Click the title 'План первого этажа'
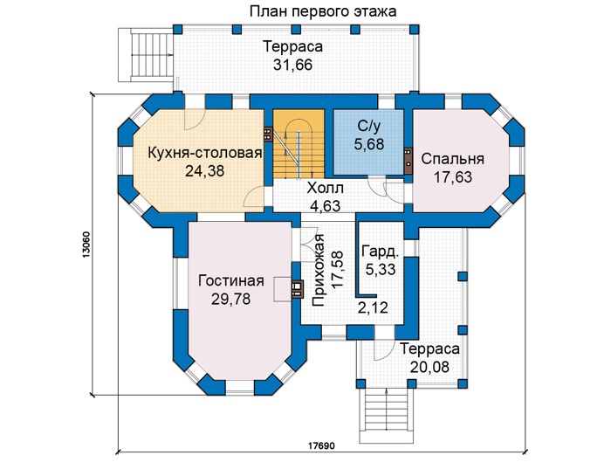click(323, 11)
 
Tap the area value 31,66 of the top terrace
click(292, 65)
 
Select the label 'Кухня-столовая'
click(204, 153)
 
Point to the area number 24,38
click(204, 171)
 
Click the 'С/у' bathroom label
click(368, 127)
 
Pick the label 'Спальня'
click(452, 159)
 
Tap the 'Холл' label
click(325, 189)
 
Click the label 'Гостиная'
click(231, 280)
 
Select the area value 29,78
click(231, 299)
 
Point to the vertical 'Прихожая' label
click(318, 270)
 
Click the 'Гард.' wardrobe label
click(381, 252)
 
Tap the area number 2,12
click(373, 308)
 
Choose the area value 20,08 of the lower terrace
click(429, 367)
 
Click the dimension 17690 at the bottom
click(321, 445)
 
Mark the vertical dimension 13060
click(86, 245)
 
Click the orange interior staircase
click(299, 144)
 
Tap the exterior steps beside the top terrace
click(146, 54)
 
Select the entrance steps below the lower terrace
click(386, 416)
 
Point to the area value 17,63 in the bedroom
click(453, 177)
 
